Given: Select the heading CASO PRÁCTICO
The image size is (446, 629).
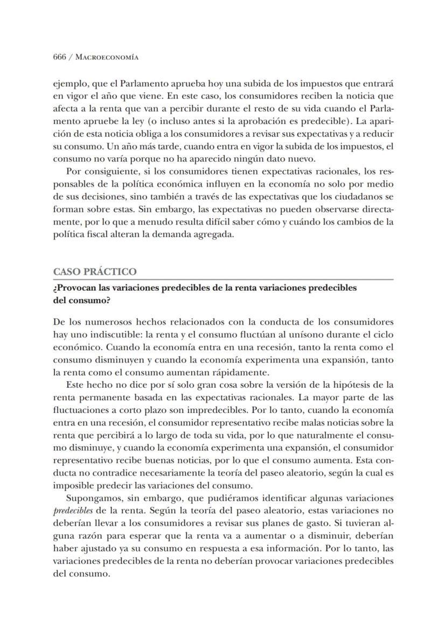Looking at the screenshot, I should click(95, 272).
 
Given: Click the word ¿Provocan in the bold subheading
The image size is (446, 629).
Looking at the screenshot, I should click(75, 288).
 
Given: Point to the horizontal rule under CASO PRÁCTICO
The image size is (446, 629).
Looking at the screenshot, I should click(223, 279).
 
